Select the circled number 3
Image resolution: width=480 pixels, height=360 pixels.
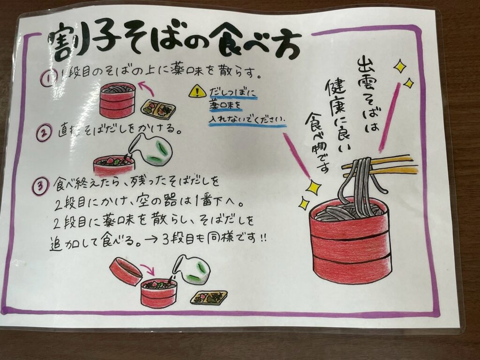pyautogui.click(x=40, y=186)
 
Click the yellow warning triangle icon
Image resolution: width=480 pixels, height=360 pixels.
pyautogui.click(x=197, y=91)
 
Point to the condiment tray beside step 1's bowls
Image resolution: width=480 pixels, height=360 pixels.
pyautogui.click(x=157, y=107)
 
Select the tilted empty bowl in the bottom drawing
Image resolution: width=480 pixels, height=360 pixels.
pyautogui.click(x=126, y=271)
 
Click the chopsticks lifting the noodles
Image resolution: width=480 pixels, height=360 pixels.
pyautogui.click(x=380, y=167)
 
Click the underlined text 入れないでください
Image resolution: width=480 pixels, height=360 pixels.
pyautogui.click(x=247, y=119)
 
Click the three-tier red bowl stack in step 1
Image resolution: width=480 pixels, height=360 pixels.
pyautogui.click(x=118, y=100)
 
